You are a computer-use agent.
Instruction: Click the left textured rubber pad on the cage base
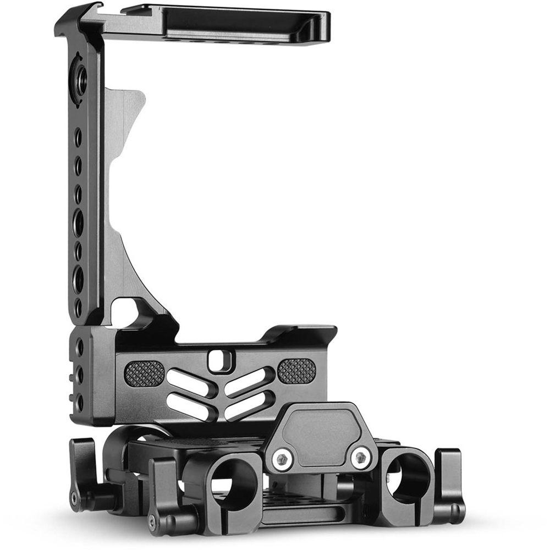pyautogui.click(x=145, y=373)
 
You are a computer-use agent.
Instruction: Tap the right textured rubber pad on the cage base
pyautogui.click(x=296, y=371)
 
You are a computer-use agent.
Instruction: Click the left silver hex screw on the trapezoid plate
pyautogui.click(x=283, y=458)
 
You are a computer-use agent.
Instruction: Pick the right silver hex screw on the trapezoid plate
pyautogui.click(x=361, y=457)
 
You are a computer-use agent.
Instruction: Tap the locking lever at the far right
pyautogui.click(x=450, y=484)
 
